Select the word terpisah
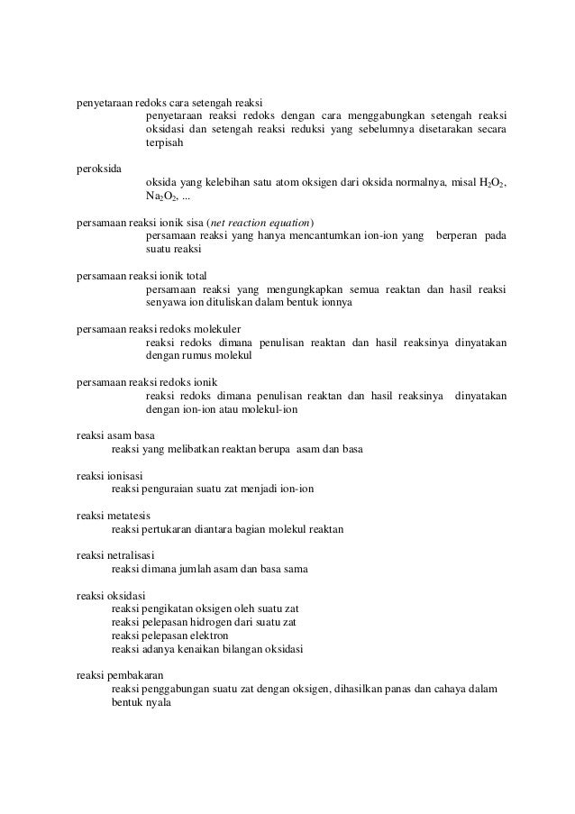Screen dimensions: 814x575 164,143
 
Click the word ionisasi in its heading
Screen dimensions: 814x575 124,475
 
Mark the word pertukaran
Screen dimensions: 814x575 171,528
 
